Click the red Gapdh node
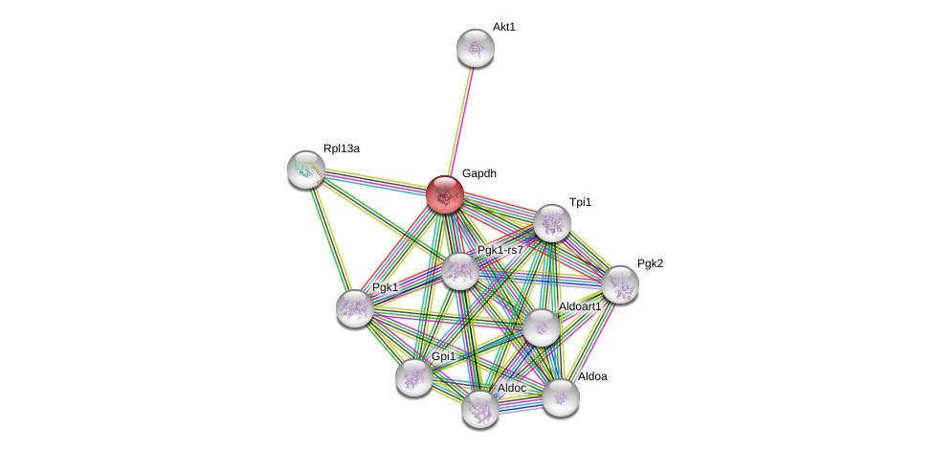click(x=445, y=194)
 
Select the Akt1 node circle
click(x=476, y=48)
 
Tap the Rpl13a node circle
click(x=306, y=169)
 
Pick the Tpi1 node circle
click(x=552, y=223)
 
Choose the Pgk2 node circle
click(x=620, y=284)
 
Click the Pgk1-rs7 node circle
click(x=460, y=271)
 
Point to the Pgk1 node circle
click(x=355, y=308)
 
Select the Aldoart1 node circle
click(x=542, y=328)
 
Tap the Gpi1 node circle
click(x=414, y=377)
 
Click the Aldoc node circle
click(x=480, y=409)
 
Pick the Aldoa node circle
click(x=561, y=397)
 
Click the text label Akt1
click(x=504, y=27)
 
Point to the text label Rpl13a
click(x=342, y=148)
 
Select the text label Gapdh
click(x=479, y=173)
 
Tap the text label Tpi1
click(x=581, y=202)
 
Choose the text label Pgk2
click(x=650, y=263)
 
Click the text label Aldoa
click(x=592, y=376)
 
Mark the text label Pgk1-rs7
click(x=500, y=250)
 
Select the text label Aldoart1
click(x=580, y=306)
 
